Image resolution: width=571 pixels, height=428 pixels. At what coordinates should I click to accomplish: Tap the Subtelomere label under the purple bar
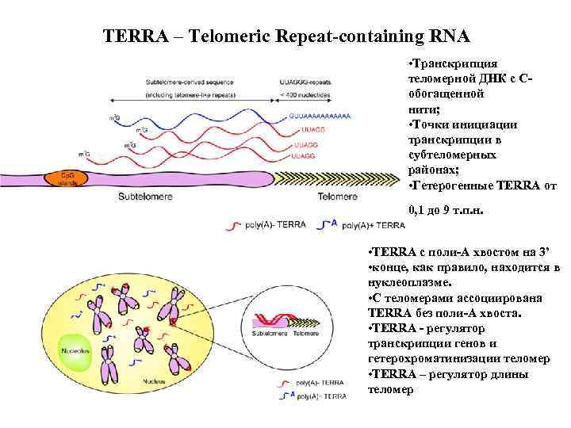pyautogui.click(x=147, y=196)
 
